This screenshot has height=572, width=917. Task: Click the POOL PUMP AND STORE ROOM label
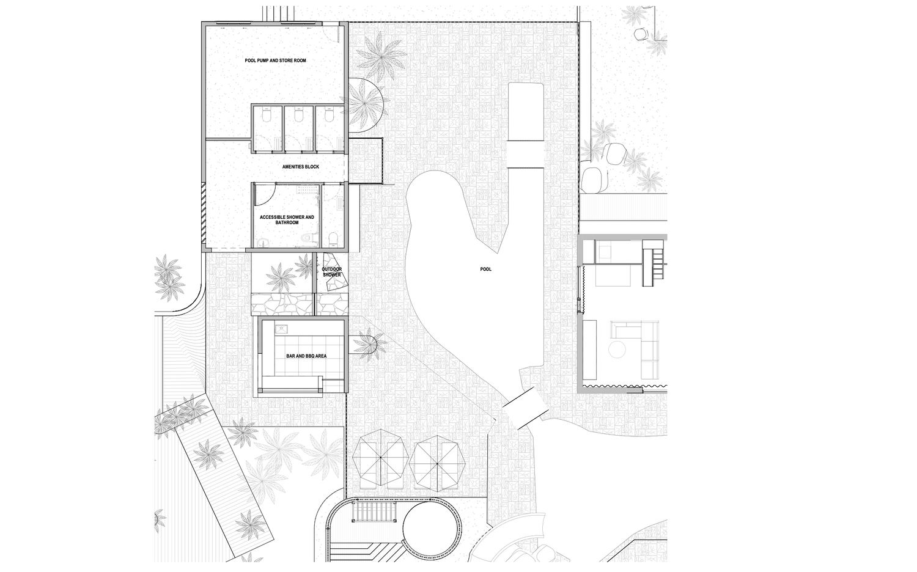(x=275, y=61)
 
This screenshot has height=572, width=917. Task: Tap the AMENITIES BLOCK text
(x=301, y=167)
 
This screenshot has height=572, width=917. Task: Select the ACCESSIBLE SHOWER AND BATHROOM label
(x=287, y=220)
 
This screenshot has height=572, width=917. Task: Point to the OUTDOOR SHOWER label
(x=331, y=272)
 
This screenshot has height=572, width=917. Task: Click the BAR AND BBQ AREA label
(x=306, y=356)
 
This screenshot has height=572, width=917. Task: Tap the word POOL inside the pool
(x=485, y=269)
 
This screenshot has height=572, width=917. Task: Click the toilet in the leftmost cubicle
(x=267, y=116)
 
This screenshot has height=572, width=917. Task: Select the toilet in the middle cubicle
(x=298, y=116)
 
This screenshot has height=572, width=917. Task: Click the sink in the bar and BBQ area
(x=282, y=329)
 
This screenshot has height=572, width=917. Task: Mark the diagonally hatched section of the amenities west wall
(x=203, y=213)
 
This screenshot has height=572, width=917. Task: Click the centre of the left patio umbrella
(x=381, y=457)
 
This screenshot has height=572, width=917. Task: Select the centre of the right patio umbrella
(x=437, y=464)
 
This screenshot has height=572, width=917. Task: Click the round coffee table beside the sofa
(x=617, y=351)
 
